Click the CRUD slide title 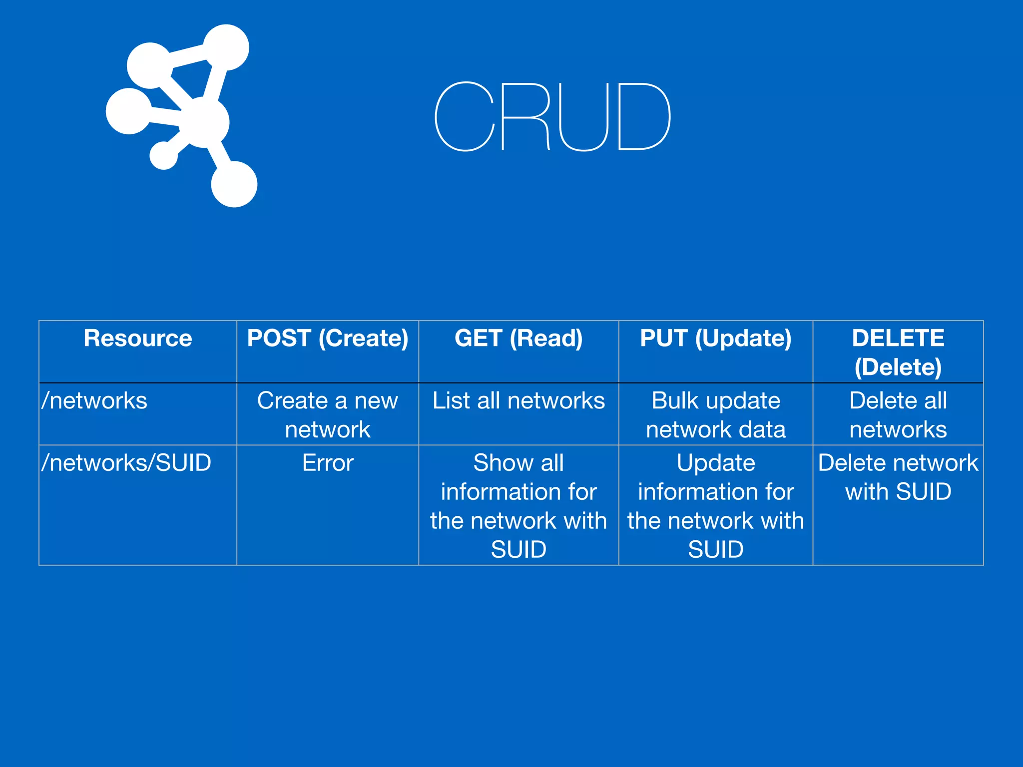552,116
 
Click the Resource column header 138,338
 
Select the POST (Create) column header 328,338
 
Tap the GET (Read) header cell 518,338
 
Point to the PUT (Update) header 715,338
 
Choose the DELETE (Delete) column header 898,352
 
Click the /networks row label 95,400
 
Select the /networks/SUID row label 126,462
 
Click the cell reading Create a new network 328,414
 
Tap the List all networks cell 518,400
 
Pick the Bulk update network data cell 715,414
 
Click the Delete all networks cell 898,414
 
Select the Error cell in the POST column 328,462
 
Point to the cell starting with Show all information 518,505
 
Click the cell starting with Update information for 715,505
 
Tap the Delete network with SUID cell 898,477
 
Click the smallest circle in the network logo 164,155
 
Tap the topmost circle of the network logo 226,47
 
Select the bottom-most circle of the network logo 234,184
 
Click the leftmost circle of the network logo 129,111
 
